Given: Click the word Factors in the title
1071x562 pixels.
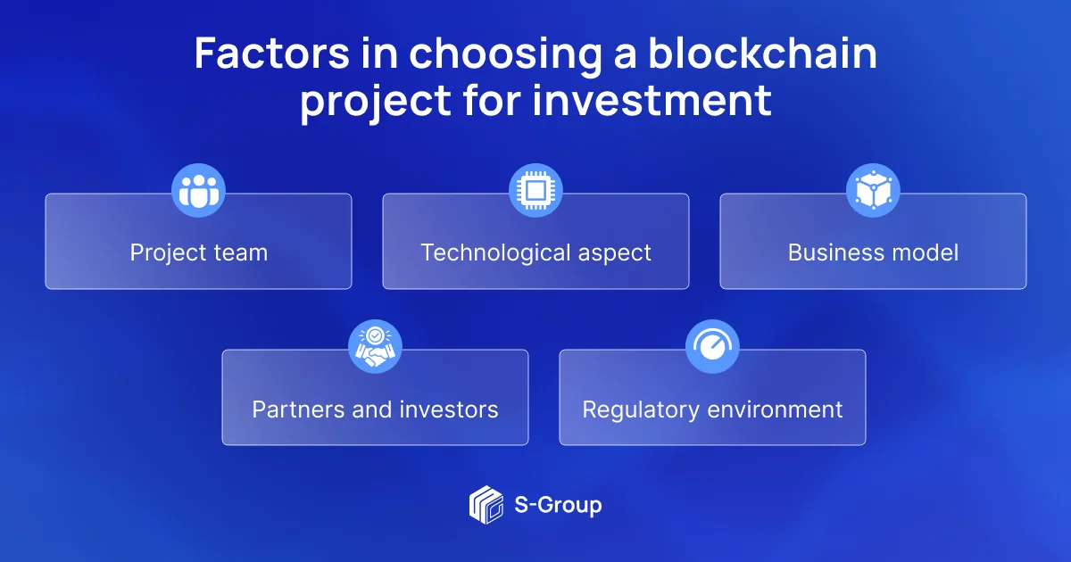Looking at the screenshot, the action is [271, 53].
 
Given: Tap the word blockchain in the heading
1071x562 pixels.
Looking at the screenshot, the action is [762, 53].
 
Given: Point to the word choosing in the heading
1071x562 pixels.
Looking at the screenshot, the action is [505, 55].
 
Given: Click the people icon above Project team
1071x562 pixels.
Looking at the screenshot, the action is [198, 191].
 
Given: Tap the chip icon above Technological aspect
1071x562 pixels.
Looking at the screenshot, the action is [535, 191].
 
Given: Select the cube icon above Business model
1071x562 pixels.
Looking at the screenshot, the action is [873, 191].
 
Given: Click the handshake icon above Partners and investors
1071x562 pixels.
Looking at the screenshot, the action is [376, 346].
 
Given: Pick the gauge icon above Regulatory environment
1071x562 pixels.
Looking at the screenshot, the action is [712, 346].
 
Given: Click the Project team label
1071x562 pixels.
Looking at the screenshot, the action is [199, 253].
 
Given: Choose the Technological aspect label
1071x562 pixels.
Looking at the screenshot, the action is [536, 253].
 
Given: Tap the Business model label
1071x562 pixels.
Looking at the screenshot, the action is [873, 252].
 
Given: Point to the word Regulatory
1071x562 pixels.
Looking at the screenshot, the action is [641, 410].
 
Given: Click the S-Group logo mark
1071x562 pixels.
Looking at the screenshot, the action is [486, 505].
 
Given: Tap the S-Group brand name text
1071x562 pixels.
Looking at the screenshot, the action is [558, 506].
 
